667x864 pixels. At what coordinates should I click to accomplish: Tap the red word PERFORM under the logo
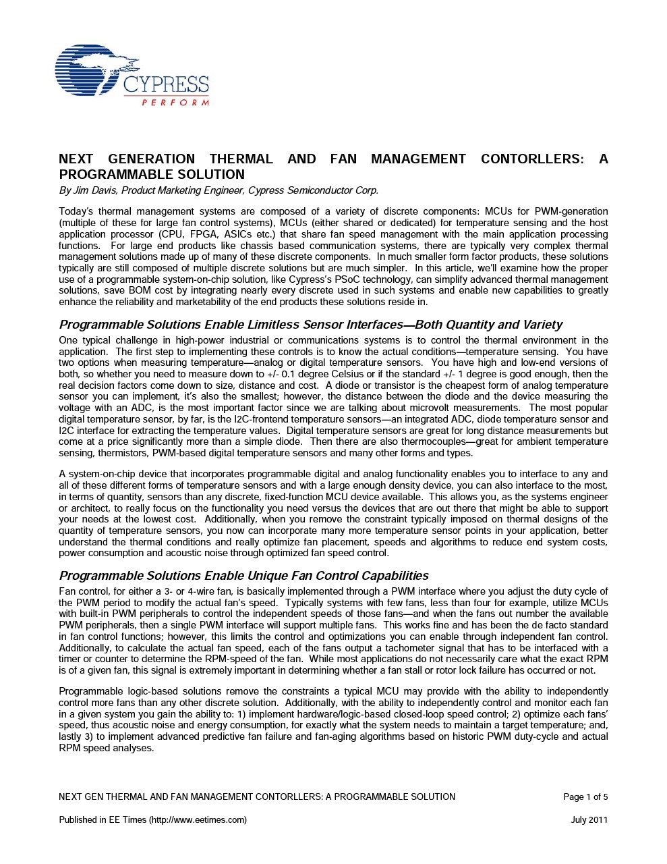click(x=175, y=103)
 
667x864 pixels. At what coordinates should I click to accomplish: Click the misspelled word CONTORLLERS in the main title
click(x=532, y=159)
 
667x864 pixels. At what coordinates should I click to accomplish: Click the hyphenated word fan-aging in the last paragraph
click(x=336, y=736)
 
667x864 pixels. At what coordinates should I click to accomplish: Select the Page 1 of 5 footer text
click(x=585, y=797)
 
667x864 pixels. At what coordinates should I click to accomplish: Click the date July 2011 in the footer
click(x=589, y=820)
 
